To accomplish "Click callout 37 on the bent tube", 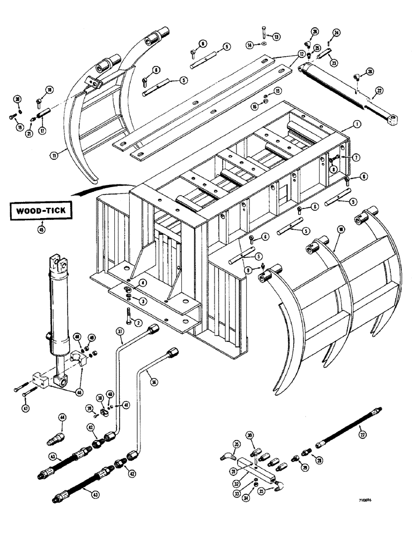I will click(x=119, y=333).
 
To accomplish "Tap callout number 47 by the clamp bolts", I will click(x=23, y=394).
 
